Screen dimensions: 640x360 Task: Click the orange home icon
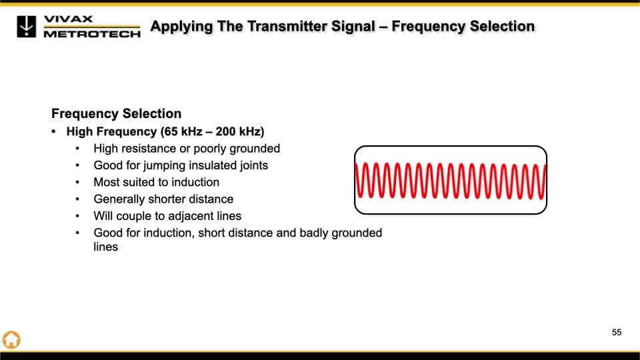click(x=11, y=339)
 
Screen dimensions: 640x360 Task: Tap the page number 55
click(x=616, y=333)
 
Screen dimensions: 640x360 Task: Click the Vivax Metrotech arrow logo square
click(x=27, y=27)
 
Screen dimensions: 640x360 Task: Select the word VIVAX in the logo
click(x=68, y=19)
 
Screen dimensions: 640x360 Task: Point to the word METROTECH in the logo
click(x=92, y=34)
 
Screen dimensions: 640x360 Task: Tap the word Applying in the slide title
click(x=182, y=27)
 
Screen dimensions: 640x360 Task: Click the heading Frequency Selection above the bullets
click(x=116, y=113)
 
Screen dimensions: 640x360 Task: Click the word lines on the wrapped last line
click(x=106, y=247)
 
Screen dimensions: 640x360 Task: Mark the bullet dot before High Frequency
click(x=53, y=131)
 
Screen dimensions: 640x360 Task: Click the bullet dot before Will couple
click(x=77, y=216)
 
